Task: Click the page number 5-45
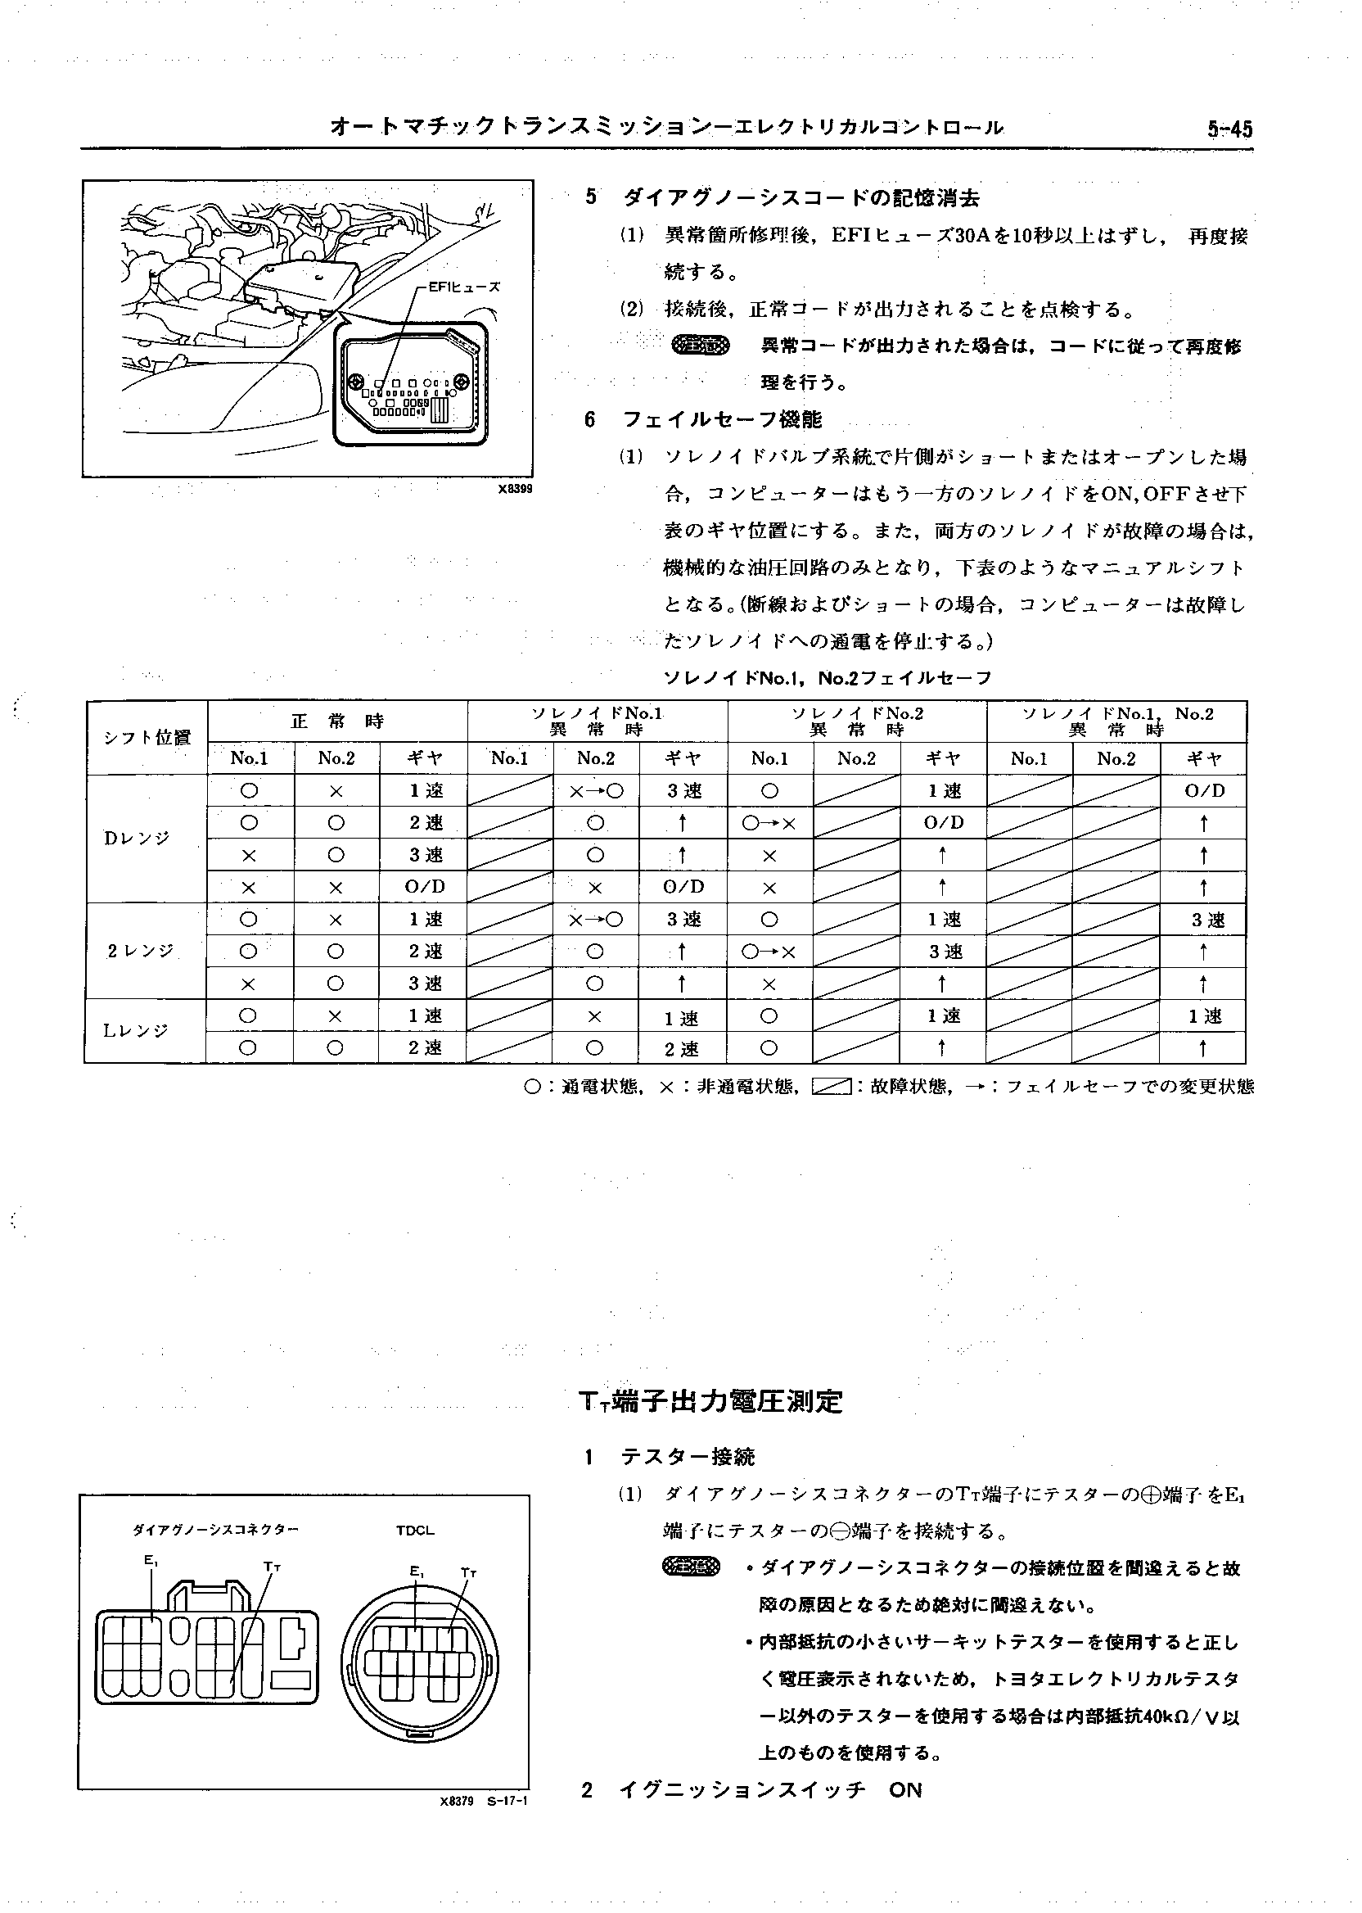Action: pyautogui.click(x=1229, y=129)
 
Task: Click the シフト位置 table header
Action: pyautogui.click(x=147, y=738)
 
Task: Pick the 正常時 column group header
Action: pyautogui.click(x=337, y=721)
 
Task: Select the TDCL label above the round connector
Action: pyautogui.click(x=415, y=1530)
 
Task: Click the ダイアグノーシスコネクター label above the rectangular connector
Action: pyautogui.click(x=215, y=1530)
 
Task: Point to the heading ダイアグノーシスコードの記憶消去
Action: pyautogui.click(x=801, y=198)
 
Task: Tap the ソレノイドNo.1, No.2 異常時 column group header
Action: pyautogui.click(x=1117, y=721)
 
